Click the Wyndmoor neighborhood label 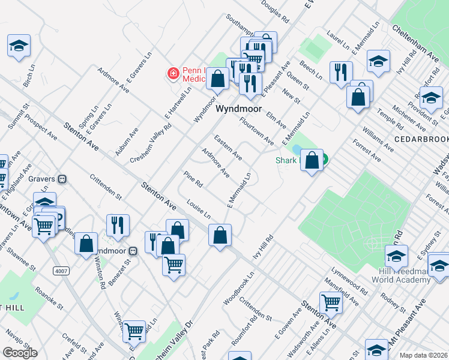pos(239,110)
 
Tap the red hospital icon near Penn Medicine pos(173,74)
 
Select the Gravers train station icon pos(61,179)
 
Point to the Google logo pos(20,353)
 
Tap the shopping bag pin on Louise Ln pos(220,235)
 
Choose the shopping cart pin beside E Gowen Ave pos(331,303)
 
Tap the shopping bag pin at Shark pos(312,160)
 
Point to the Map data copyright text pos(424,355)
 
